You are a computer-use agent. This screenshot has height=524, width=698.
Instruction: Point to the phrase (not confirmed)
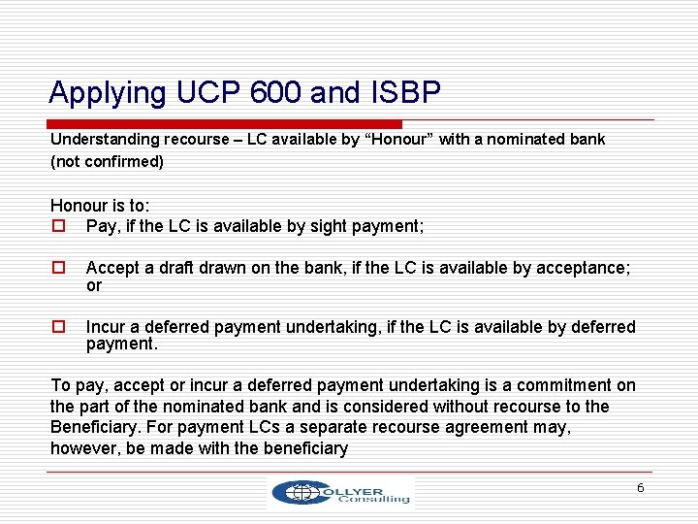point(107,162)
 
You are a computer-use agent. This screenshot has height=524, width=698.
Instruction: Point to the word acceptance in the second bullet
point(585,267)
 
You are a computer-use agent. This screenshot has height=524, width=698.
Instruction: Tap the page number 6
point(640,488)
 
